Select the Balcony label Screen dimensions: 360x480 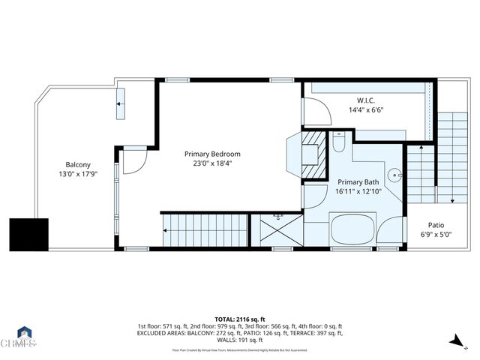tap(78, 165)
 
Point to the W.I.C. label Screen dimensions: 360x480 tap(366, 100)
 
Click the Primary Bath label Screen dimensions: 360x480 tap(358, 182)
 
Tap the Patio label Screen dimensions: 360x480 tap(436, 225)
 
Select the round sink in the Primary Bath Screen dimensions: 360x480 tap(394, 175)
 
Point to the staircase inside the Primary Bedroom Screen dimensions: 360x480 tap(204, 229)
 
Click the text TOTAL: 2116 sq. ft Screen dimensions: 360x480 tap(240, 318)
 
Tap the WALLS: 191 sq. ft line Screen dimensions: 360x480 tap(240, 341)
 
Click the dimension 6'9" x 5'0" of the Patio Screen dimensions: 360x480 tap(436, 234)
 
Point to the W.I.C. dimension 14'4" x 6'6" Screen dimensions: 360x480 tap(366, 109)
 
